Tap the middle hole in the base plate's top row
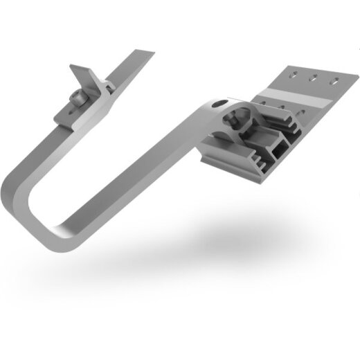pos(316,76)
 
